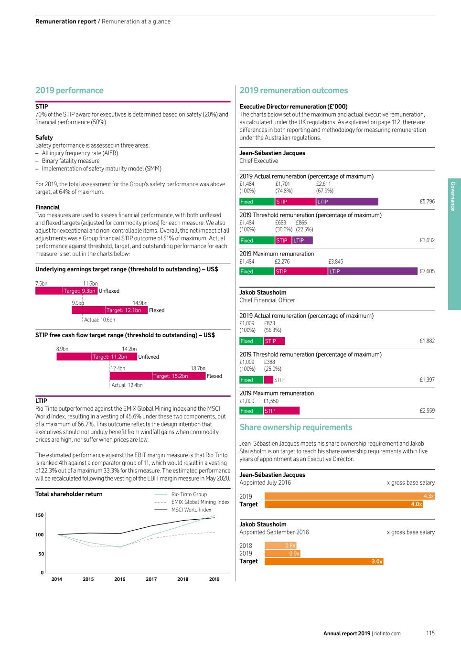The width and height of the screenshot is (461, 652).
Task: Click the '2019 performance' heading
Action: (x=69, y=90)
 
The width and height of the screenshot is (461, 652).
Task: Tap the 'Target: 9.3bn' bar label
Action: (x=80, y=291)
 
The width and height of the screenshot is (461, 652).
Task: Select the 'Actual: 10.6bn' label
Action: (x=99, y=320)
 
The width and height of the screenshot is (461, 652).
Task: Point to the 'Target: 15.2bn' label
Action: (x=171, y=376)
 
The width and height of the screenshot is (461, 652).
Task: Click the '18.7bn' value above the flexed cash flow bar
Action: (x=198, y=368)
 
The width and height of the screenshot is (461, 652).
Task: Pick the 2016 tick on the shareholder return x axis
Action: (x=120, y=579)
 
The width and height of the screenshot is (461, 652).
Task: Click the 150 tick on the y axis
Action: (x=40, y=515)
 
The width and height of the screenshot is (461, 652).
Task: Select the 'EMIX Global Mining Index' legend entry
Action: (x=200, y=502)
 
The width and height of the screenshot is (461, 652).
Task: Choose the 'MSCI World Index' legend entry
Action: (x=191, y=510)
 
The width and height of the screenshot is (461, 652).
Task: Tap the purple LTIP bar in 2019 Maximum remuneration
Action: (x=373, y=271)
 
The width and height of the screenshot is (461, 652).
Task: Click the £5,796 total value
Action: (x=427, y=202)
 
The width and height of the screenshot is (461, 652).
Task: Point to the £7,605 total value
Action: (x=427, y=271)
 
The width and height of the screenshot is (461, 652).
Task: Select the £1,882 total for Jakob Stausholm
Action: (x=427, y=341)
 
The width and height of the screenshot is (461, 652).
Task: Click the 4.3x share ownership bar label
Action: (x=429, y=496)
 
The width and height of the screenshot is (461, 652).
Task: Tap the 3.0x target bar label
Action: (x=377, y=561)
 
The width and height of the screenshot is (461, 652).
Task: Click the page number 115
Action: (x=430, y=633)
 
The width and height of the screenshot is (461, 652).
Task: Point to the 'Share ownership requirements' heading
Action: (x=296, y=428)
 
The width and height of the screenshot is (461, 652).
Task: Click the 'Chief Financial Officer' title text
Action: (x=267, y=300)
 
